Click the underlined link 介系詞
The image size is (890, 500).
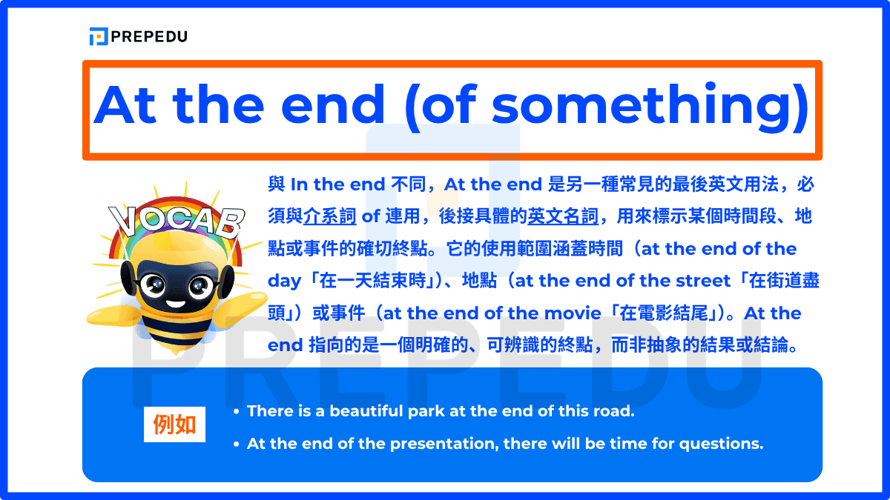coord(330,216)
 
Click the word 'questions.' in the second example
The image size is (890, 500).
coord(723,444)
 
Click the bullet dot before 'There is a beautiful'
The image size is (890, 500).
coord(236,411)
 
